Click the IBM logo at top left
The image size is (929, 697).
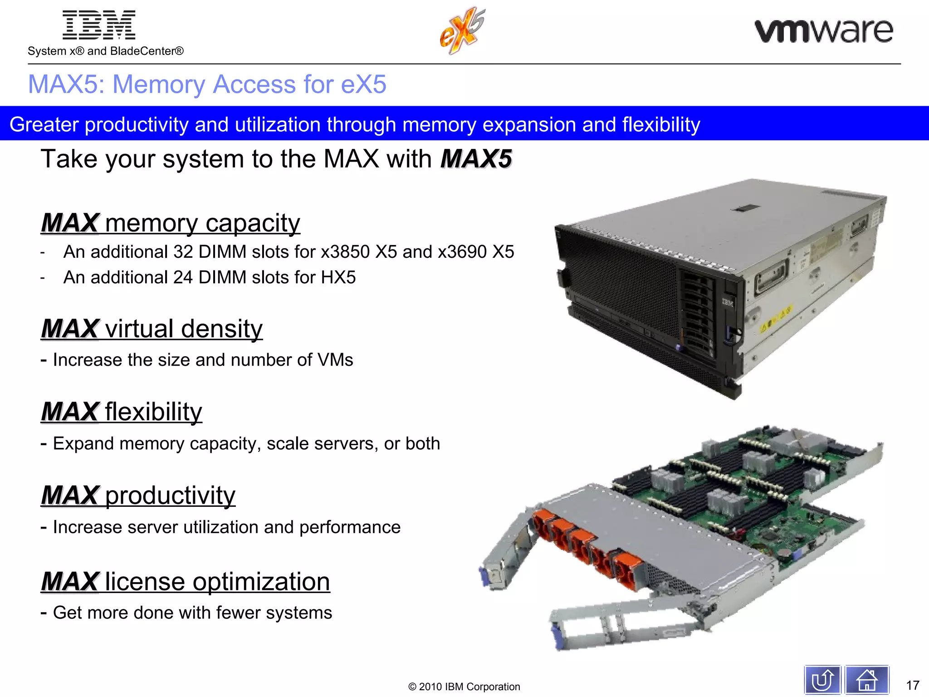(x=99, y=25)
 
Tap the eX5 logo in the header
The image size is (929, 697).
(x=462, y=31)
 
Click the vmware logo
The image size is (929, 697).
(x=823, y=31)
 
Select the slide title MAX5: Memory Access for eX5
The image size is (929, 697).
(x=207, y=84)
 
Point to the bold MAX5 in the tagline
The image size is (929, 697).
(x=476, y=159)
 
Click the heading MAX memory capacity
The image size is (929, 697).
(x=171, y=223)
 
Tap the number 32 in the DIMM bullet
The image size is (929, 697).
(x=183, y=252)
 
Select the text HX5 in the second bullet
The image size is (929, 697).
(x=338, y=277)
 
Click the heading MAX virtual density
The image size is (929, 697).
(x=152, y=329)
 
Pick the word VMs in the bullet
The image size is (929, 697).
(x=335, y=360)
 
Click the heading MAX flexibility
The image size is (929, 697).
(x=122, y=412)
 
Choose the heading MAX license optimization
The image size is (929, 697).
(x=186, y=582)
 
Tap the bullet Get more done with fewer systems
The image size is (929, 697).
(x=192, y=613)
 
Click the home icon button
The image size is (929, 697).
(x=866, y=680)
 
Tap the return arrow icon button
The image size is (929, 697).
(x=822, y=680)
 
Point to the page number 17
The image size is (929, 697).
(x=912, y=685)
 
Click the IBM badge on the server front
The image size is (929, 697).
(x=728, y=302)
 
